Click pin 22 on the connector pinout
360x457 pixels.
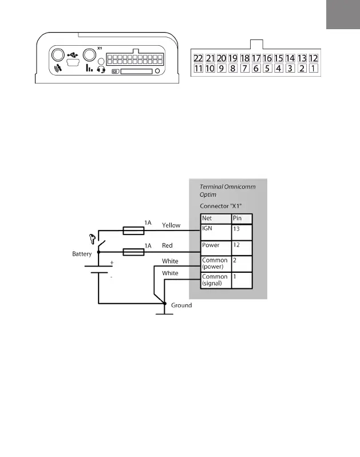point(199,58)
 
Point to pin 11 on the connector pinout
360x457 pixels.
point(199,69)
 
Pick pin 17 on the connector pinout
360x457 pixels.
point(256,58)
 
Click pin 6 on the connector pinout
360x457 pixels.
point(256,69)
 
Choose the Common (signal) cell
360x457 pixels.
point(215,279)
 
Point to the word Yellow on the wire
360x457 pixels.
point(171,225)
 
